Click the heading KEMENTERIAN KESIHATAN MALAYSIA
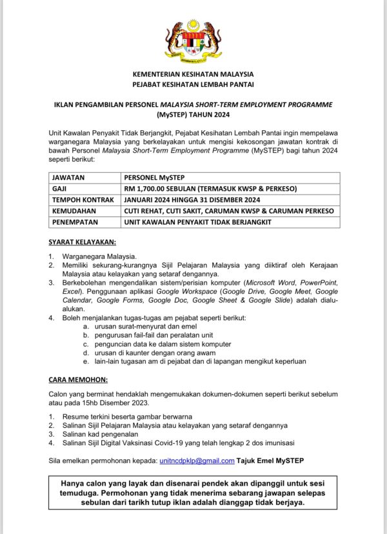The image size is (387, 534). pyautogui.click(x=193, y=74)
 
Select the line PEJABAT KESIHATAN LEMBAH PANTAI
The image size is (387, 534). pyautogui.click(x=193, y=84)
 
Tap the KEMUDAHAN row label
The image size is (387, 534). pyautogui.click(x=74, y=211)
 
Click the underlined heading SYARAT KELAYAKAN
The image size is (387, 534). pyautogui.click(x=83, y=242)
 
